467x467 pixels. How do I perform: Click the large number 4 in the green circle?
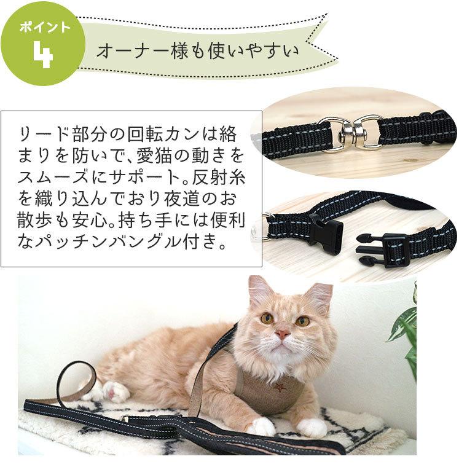tap(42, 55)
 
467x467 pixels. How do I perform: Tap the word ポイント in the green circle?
tap(41, 28)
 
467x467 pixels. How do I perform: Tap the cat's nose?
tap(282, 334)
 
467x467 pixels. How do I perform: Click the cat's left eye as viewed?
tap(267, 318)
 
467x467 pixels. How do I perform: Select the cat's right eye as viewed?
tap(302, 321)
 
